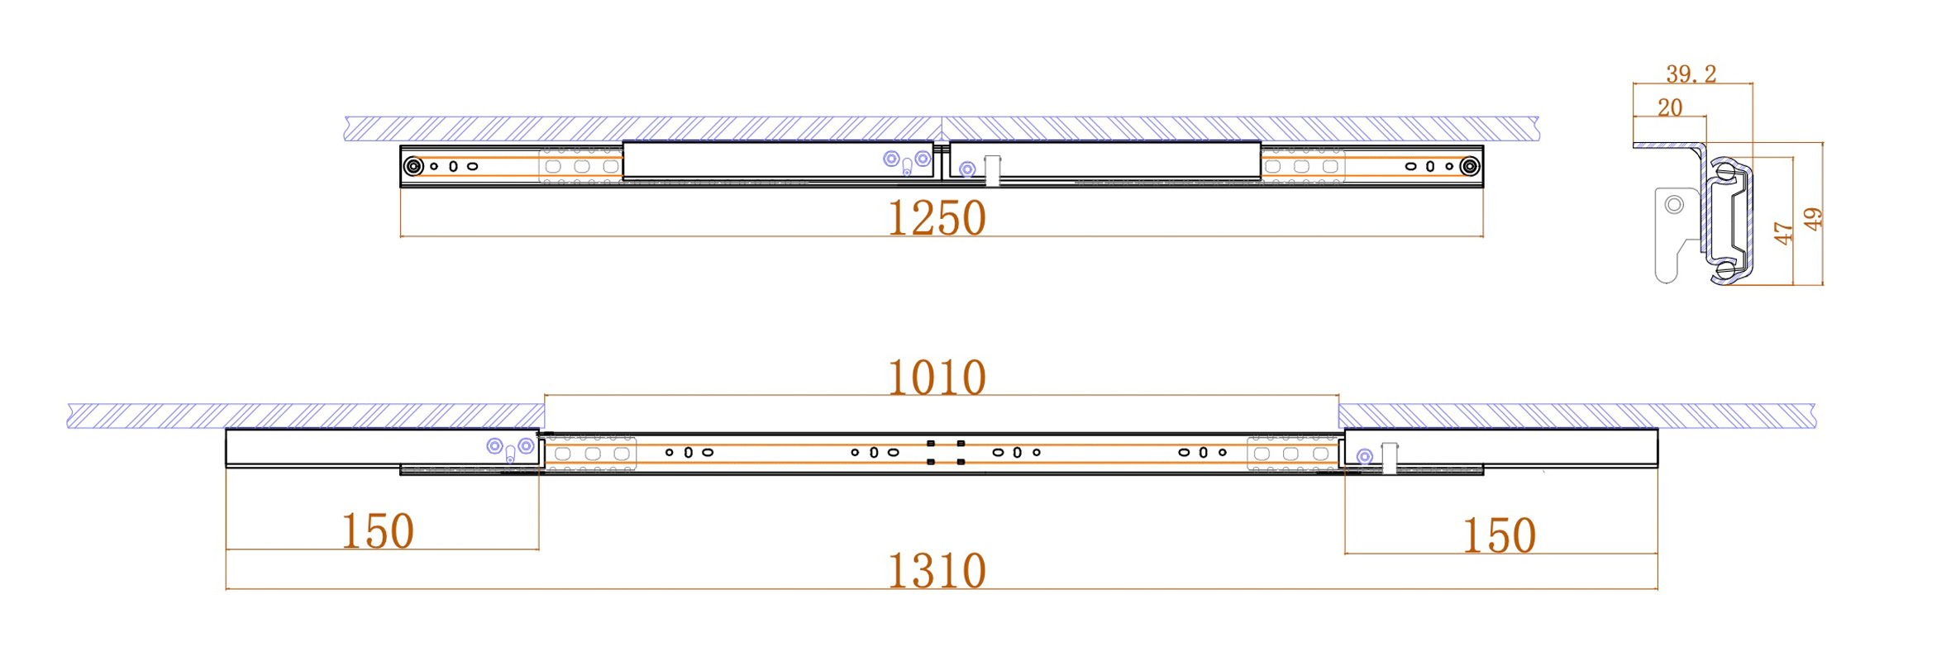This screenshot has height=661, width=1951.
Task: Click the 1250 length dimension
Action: (x=936, y=218)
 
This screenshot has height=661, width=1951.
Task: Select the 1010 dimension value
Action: (x=936, y=378)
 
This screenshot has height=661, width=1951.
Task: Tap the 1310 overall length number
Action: (x=936, y=571)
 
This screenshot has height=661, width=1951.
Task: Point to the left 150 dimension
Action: (x=377, y=531)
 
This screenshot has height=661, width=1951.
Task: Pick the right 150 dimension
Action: (x=1499, y=536)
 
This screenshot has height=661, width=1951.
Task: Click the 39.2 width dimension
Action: (x=1691, y=74)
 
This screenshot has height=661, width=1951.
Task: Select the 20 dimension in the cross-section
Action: (x=1669, y=107)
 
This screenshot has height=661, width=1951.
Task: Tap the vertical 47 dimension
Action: (x=1783, y=233)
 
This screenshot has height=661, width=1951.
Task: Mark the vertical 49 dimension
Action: (x=1812, y=219)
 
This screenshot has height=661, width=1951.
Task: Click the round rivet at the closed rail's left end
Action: (x=413, y=166)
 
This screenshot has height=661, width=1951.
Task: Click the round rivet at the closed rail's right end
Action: (x=1469, y=166)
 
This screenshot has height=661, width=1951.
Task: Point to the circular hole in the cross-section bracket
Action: (x=1674, y=204)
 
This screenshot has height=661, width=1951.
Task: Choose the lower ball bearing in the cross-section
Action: (x=1725, y=269)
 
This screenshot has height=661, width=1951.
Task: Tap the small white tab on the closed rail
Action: (x=992, y=170)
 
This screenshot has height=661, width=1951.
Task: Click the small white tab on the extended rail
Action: (x=1389, y=458)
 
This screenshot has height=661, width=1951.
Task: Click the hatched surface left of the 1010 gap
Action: (x=306, y=416)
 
